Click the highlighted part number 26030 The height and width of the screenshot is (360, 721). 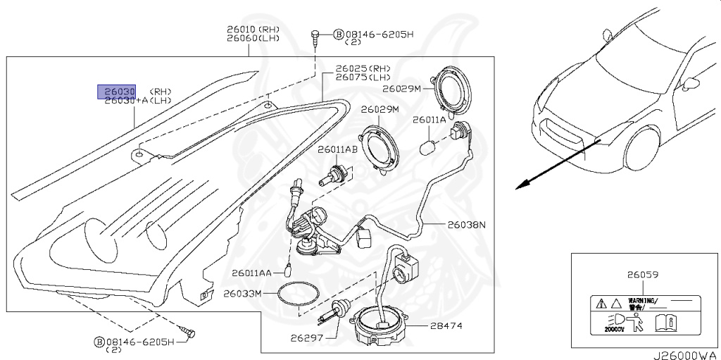[116, 91]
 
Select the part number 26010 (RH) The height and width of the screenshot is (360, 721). [243, 30]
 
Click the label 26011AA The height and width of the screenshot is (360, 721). [251, 273]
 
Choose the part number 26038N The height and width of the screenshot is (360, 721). [466, 225]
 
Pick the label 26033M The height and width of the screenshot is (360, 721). [242, 292]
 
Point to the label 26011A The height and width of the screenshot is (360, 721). [429, 120]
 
